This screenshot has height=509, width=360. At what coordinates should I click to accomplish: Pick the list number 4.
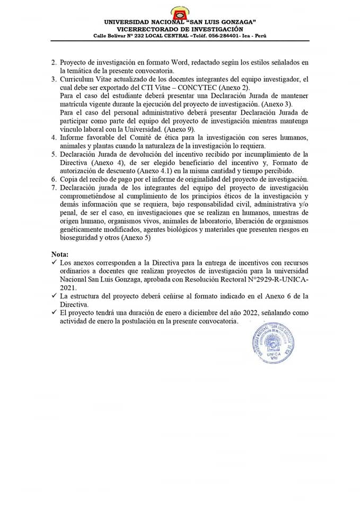(x=54, y=138)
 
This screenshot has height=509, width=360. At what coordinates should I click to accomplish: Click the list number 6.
(x=54, y=179)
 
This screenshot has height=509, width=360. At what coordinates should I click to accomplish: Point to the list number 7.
(x=54, y=188)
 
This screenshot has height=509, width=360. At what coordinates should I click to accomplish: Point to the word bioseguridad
(x=82, y=238)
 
